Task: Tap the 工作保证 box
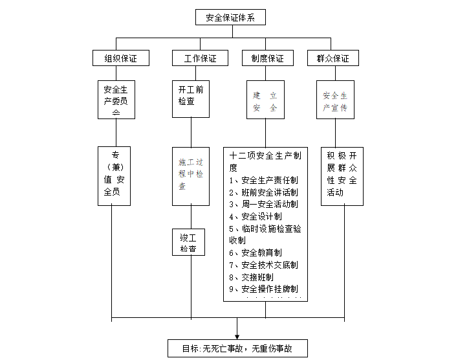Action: [200, 58]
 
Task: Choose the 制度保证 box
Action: [267, 58]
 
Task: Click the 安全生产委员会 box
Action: [116, 99]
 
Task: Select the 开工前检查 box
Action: [191, 98]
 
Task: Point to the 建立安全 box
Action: [265, 99]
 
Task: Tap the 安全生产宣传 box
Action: [335, 99]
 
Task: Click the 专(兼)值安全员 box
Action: [116, 175]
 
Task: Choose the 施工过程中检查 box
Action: [191, 175]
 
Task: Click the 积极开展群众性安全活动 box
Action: [342, 175]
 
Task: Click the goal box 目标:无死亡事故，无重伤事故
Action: [237, 348]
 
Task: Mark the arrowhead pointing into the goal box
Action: [237, 335]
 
